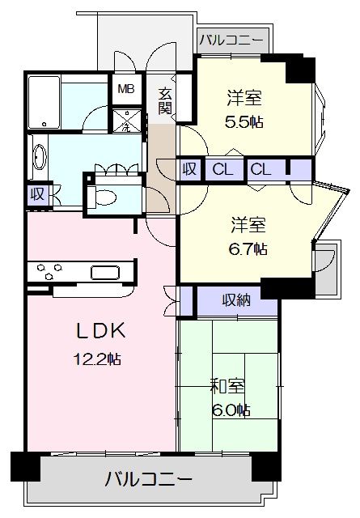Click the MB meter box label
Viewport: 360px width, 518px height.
click(x=126, y=89)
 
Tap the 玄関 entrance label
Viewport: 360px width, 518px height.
click(x=165, y=101)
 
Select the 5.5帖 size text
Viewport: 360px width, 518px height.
click(x=244, y=122)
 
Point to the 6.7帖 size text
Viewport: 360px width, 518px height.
click(x=248, y=248)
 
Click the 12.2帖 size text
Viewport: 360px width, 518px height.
click(x=97, y=359)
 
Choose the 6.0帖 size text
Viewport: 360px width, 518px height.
click(x=231, y=410)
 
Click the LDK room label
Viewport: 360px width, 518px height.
click(x=101, y=330)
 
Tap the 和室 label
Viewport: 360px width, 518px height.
click(x=228, y=386)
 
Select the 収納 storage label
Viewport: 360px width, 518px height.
click(x=235, y=300)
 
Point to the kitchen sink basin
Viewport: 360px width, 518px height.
click(x=105, y=273)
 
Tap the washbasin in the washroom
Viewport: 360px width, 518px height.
click(x=40, y=157)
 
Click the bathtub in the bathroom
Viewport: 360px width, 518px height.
click(x=44, y=103)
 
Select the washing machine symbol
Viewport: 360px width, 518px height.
click(x=127, y=121)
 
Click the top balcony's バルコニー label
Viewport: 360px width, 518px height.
click(x=231, y=40)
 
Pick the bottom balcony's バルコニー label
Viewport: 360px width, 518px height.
click(x=148, y=479)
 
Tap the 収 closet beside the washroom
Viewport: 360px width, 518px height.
click(x=38, y=194)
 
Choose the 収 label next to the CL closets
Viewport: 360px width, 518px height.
click(x=189, y=169)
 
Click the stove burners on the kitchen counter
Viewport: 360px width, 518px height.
click(x=49, y=271)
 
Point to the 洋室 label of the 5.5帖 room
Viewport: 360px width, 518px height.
click(x=244, y=98)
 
